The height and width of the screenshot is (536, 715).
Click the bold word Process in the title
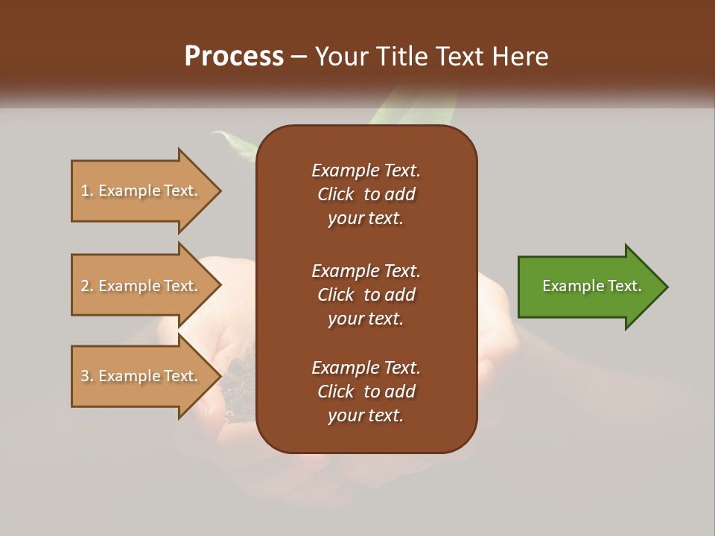[x=234, y=57]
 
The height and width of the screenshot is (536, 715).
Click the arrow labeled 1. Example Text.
[x=142, y=191]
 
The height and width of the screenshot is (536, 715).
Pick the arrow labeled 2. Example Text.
[x=142, y=286]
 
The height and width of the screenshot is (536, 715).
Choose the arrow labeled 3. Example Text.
[x=142, y=376]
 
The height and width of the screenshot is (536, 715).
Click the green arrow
[x=588, y=287]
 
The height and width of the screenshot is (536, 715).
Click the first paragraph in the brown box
[x=366, y=194]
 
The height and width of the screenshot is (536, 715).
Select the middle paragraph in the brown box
[x=366, y=295]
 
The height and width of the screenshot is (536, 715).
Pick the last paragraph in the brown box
[x=366, y=392]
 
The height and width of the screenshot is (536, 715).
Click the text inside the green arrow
[x=591, y=286]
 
